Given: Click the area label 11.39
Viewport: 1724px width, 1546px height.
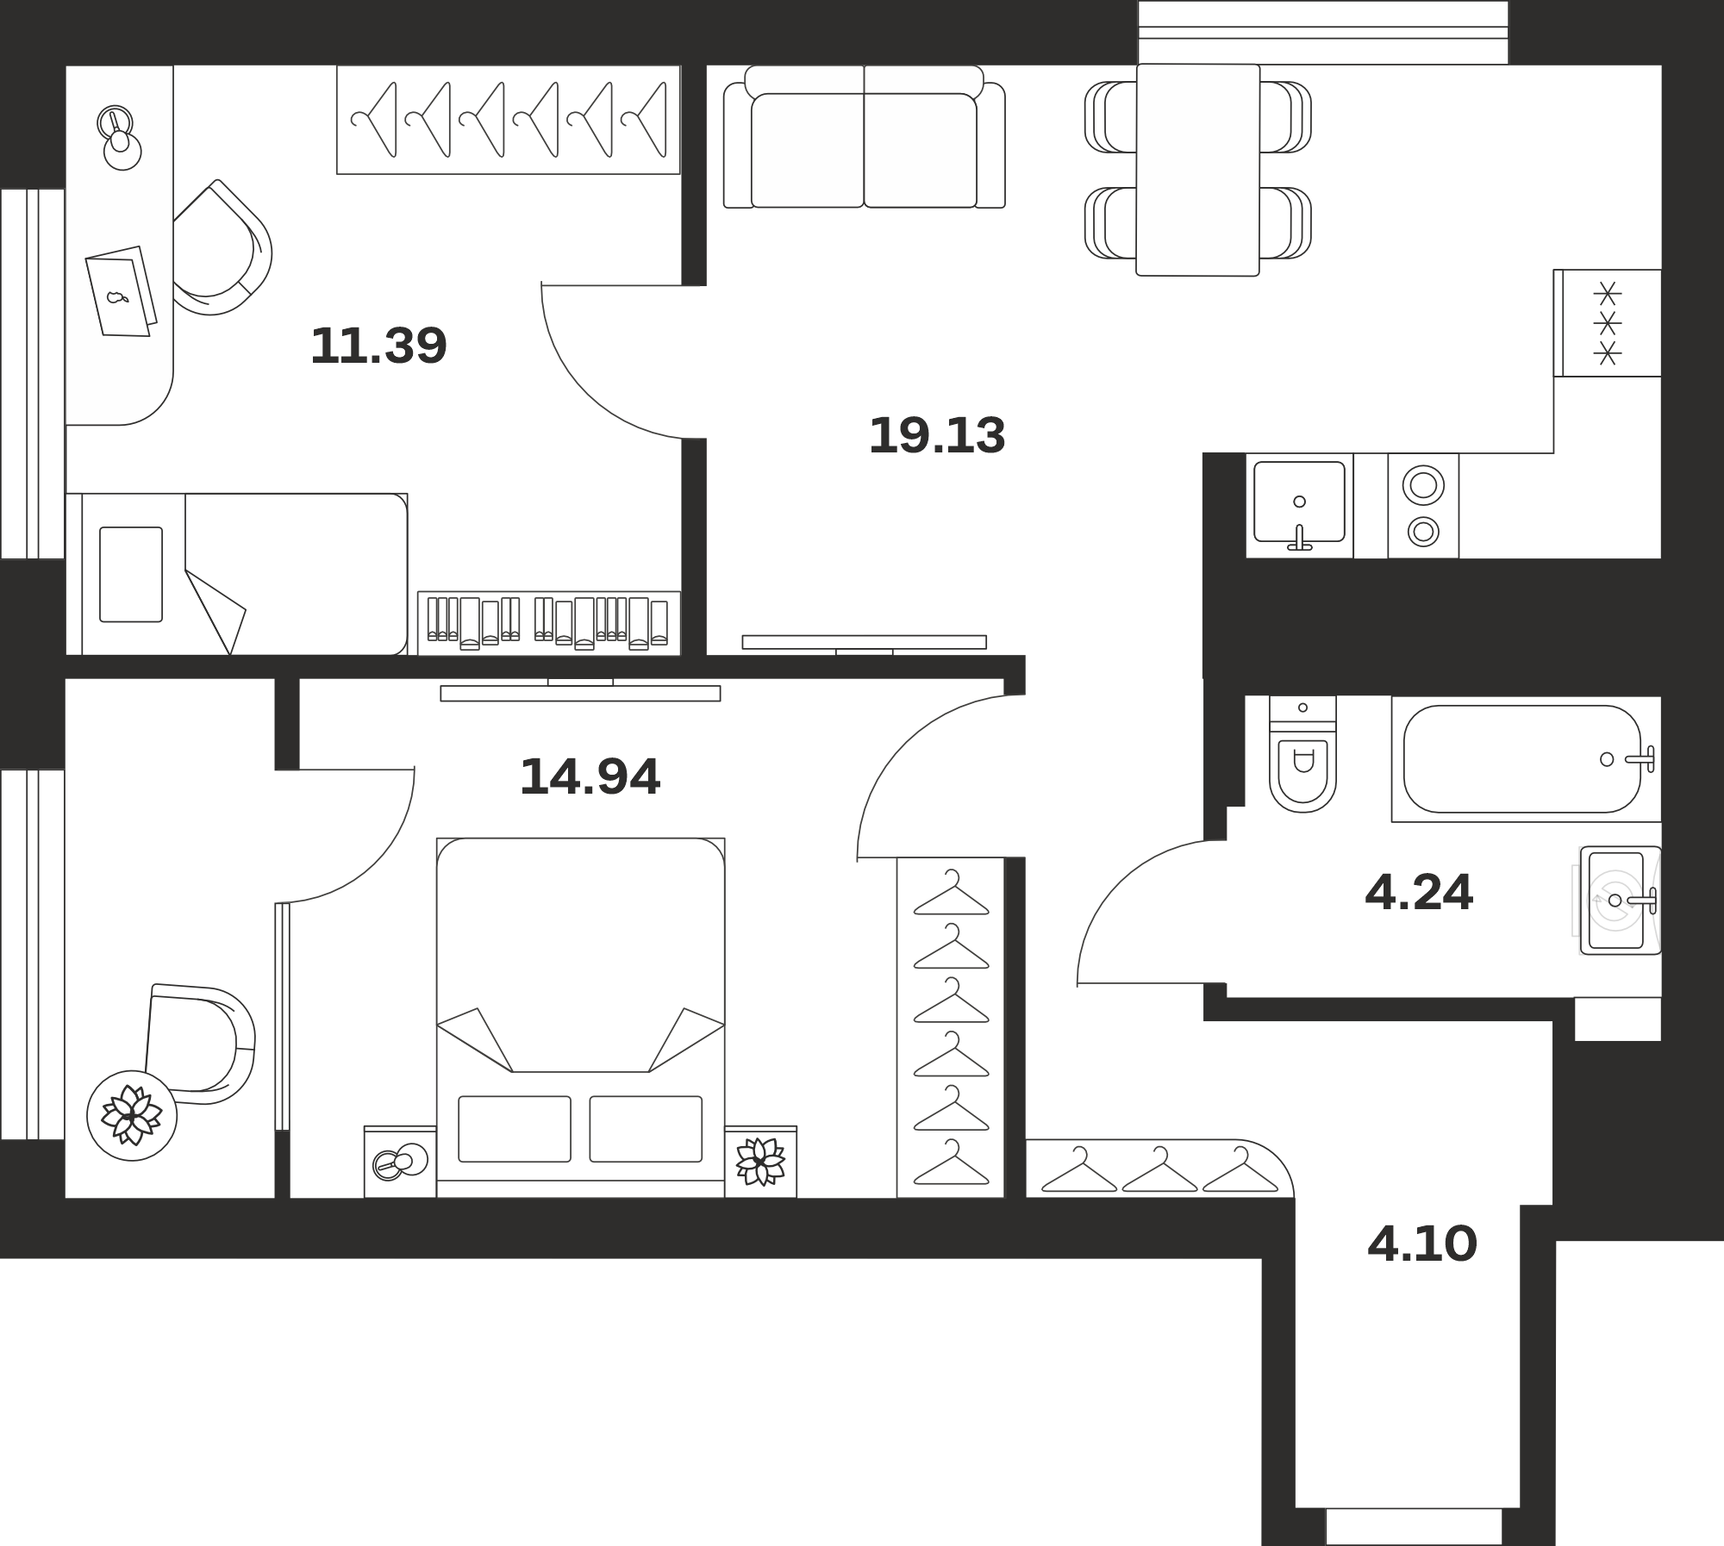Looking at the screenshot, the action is pos(378,346).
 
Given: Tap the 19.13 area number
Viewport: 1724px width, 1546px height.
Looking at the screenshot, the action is pos(937,435).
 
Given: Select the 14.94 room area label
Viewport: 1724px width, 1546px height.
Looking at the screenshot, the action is pos(590,776).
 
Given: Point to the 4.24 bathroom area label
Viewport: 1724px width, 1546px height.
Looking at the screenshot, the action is pos(1419,892).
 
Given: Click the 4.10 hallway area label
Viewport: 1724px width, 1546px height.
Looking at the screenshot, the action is pos(1422,1244).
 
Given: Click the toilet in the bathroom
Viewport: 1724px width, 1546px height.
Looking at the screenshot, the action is pos(1302,755).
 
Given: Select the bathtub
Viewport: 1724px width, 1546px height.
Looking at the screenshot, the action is pos(1523,759).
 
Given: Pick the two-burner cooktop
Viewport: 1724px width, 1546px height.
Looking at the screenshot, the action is pos(1423,506).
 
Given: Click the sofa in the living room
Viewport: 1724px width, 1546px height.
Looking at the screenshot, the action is pos(864,137).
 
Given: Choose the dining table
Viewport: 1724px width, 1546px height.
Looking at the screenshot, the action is pos(1197,170).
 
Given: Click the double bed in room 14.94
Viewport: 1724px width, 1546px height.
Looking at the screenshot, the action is pos(580,1017).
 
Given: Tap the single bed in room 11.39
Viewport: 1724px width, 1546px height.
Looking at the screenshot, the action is pos(236,574).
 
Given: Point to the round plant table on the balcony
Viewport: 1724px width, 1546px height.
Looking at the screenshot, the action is pos(132,1116).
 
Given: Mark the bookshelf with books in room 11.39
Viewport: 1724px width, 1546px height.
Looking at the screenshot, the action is pos(549,623).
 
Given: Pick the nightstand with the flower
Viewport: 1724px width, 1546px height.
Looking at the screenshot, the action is pos(760,1162).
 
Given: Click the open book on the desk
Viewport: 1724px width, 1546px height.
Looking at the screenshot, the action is pos(122,291).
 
